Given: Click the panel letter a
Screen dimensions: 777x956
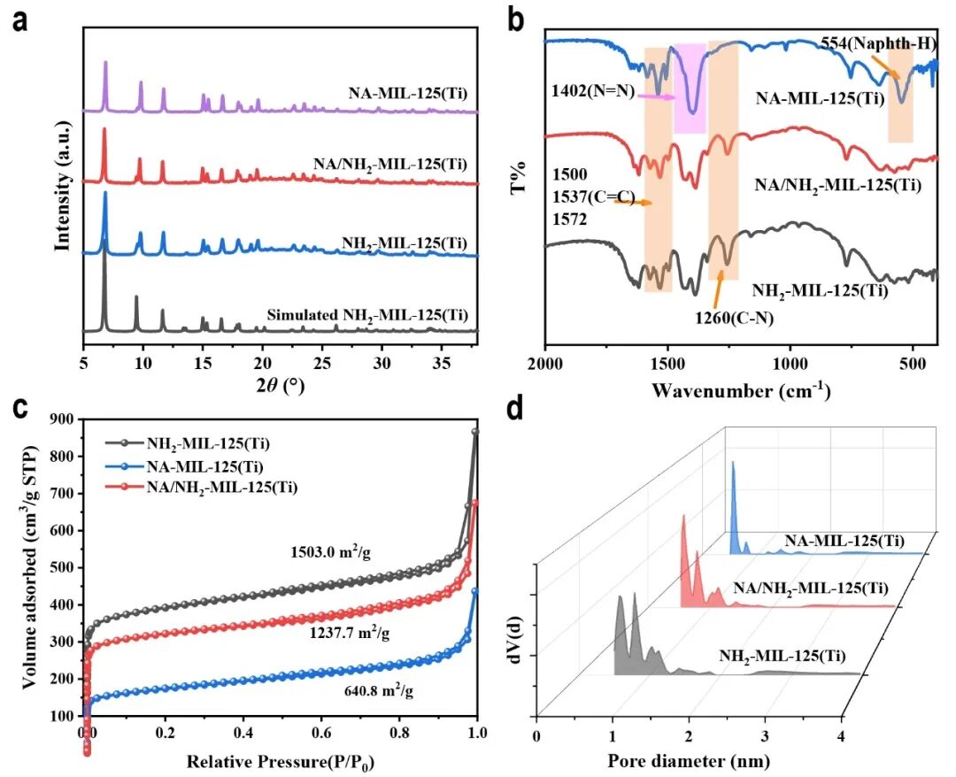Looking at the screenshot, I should [x=19, y=19].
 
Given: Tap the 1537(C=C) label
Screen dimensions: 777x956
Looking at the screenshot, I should [x=593, y=200].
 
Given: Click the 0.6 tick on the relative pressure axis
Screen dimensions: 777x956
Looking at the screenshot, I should [x=320, y=733].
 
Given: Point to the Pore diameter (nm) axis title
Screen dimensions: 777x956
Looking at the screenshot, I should [x=688, y=760].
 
